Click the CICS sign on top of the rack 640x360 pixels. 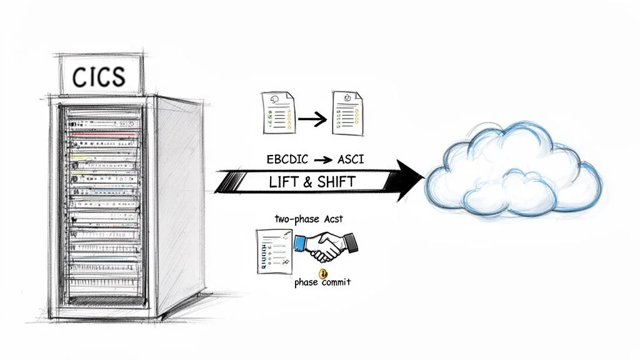[99, 76]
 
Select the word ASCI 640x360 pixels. [351, 159]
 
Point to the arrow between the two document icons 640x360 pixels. [312, 117]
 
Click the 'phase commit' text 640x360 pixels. [322, 282]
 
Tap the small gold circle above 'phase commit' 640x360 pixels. [323, 273]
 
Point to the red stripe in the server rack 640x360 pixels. [103, 133]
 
